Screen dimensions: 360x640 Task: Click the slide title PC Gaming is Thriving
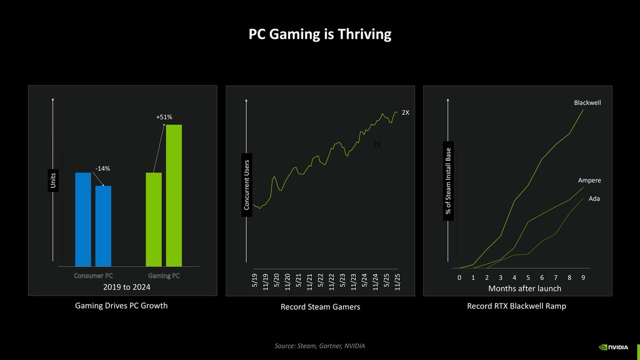pyautogui.click(x=320, y=34)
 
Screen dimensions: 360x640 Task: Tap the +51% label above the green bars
pyautogui.click(x=164, y=117)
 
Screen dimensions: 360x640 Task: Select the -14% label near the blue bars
pyautogui.click(x=103, y=169)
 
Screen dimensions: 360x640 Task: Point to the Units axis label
pyautogui.click(x=53, y=182)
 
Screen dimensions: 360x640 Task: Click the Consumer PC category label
pyautogui.click(x=93, y=276)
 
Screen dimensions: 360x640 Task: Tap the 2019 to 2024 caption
pyautogui.click(x=127, y=287)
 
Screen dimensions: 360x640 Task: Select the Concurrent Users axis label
pyautogui.click(x=247, y=184)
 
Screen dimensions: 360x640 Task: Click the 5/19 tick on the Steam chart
pyautogui.click(x=254, y=283)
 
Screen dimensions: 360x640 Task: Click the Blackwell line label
pyautogui.click(x=587, y=103)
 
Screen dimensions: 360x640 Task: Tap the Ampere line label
pyautogui.click(x=589, y=181)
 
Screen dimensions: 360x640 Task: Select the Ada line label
pyautogui.click(x=594, y=199)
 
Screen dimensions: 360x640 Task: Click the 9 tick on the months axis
pyautogui.click(x=583, y=277)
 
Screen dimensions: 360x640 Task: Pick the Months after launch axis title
pyautogui.click(x=525, y=288)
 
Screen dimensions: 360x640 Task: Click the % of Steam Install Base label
pyautogui.click(x=449, y=181)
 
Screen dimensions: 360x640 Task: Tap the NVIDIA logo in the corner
pyautogui.click(x=613, y=347)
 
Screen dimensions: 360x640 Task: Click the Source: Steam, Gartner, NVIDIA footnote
pyautogui.click(x=319, y=346)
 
